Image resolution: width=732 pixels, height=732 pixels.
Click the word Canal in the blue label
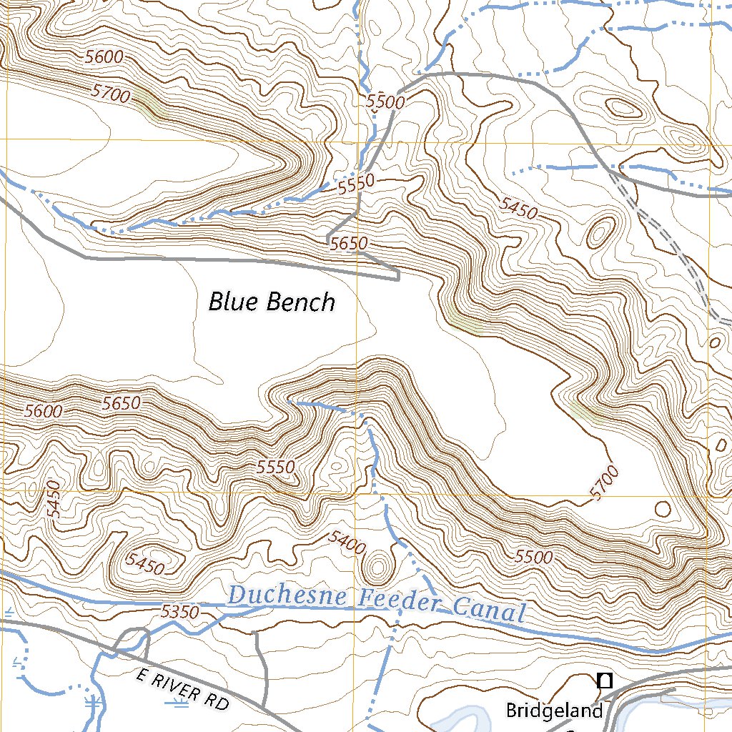click(x=489, y=611)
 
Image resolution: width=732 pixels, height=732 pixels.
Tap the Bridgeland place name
click(x=555, y=711)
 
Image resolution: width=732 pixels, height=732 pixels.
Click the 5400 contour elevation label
click(x=347, y=543)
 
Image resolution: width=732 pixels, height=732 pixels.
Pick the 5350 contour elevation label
click(x=179, y=612)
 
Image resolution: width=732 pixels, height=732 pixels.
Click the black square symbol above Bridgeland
click(x=605, y=681)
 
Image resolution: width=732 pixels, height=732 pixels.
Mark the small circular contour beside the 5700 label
click(x=663, y=509)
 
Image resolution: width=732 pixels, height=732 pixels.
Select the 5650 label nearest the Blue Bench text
click(x=349, y=244)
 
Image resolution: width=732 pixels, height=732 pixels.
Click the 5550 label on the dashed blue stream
click(x=356, y=187)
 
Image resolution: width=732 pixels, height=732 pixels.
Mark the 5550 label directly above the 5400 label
click(x=276, y=468)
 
